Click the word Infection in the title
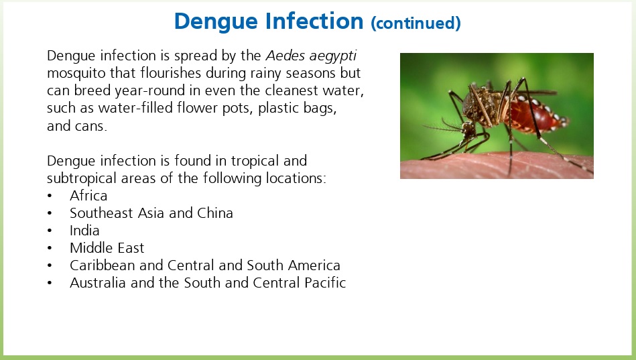point(314,21)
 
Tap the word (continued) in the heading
point(416,23)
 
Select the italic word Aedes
point(285,56)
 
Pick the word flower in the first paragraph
point(196,108)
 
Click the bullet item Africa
point(88,196)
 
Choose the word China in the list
point(215,213)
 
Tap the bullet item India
point(84,231)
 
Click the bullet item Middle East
point(107,248)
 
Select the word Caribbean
point(103,265)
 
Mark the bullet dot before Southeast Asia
point(50,213)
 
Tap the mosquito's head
point(469,128)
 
